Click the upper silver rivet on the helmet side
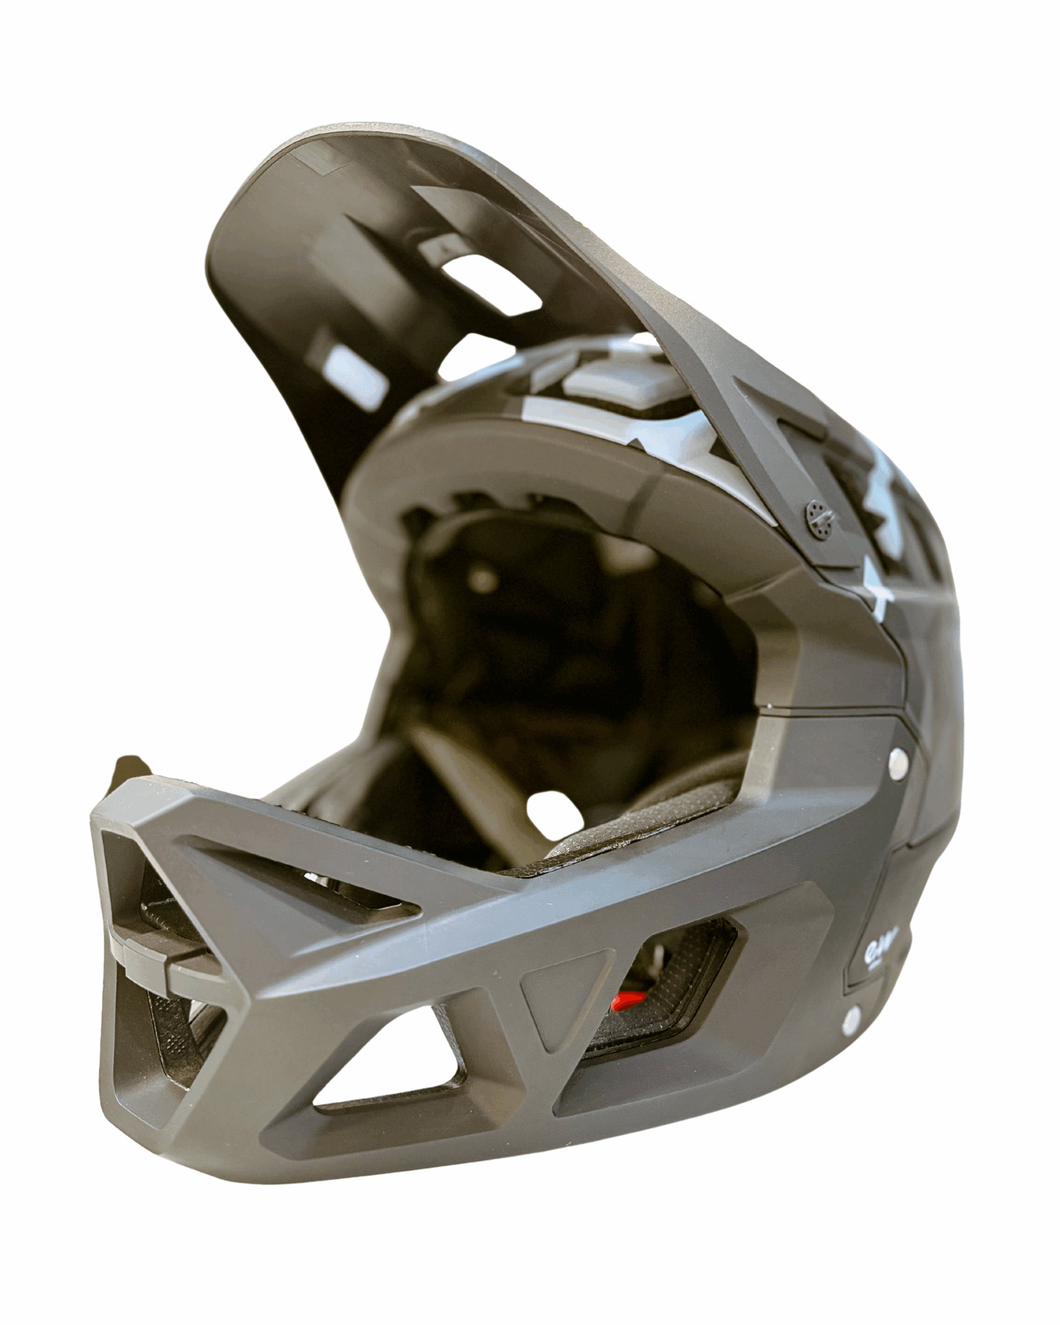point(898,761)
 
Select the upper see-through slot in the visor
point(492,283)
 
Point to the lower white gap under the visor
point(473,357)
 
